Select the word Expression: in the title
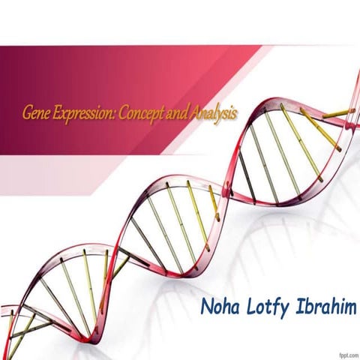pos(81,115)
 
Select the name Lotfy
pos(267,307)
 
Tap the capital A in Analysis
pos(195,114)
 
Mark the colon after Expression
pos(111,116)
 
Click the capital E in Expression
pos(54,114)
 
